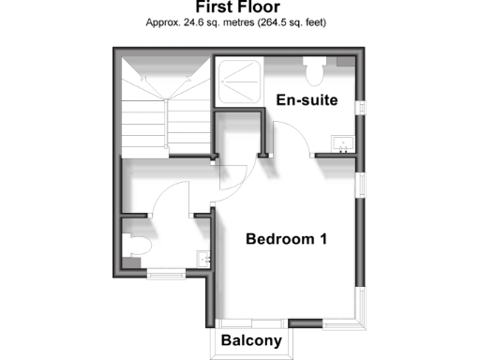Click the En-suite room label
click(x=307, y=100)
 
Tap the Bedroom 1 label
click(x=286, y=239)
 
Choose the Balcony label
click(x=252, y=341)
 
